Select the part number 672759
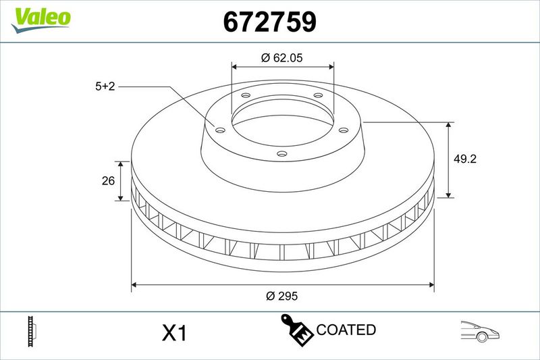click(269, 22)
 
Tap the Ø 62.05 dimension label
click(282, 58)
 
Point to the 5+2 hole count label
click(107, 86)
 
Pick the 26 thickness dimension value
click(107, 180)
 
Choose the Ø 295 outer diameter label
click(282, 296)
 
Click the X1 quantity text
click(174, 333)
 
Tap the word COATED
click(346, 330)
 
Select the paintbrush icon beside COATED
click(296, 329)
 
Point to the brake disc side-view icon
click(30, 331)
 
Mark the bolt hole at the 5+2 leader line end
click(219, 129)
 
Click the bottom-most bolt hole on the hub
click(282, 155)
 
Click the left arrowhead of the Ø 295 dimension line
click(134, 284)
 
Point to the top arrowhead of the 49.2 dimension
click(449, 125)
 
